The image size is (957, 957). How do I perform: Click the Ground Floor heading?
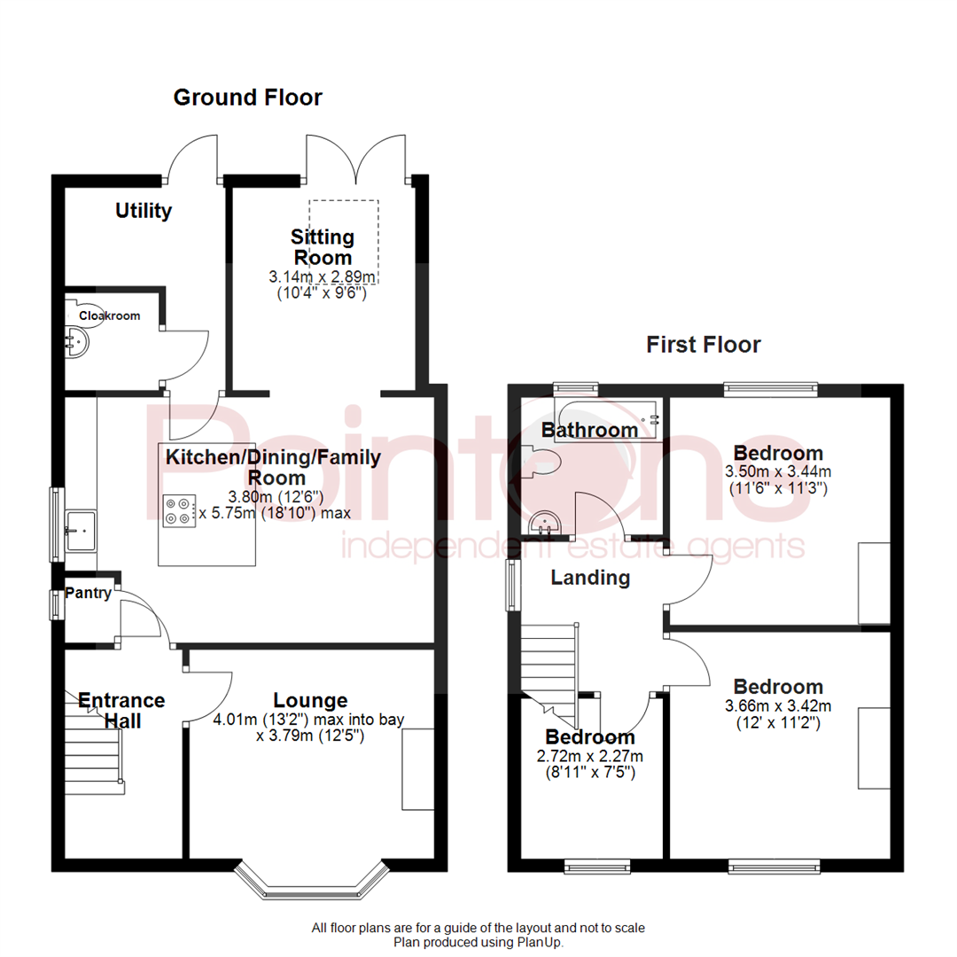(x=248, y=97)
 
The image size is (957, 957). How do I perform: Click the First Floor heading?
(x=703, y=345)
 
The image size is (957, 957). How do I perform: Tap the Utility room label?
(x=144, y=211)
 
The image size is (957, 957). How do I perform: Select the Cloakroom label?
(x=110, y=315)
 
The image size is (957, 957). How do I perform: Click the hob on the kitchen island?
(x=179, y=511)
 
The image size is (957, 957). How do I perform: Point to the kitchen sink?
(x=81, y=531)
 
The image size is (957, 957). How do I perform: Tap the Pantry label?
(x=88, y=593)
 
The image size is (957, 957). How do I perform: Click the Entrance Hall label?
(x=121, y=711)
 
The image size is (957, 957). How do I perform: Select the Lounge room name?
(x=310, y=700)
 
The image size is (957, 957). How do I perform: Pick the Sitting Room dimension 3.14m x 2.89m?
(x=322, y=276)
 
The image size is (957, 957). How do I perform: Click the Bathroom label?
(x=589, y=430)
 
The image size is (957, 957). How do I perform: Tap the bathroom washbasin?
(x=544, y=523)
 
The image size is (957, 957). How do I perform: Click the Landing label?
(x=590, y=578)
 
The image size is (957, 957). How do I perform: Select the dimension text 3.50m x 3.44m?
(x=778, y=471)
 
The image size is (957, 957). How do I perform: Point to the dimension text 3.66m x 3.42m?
(x=778, y=705)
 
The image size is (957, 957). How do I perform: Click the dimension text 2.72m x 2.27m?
(x=589, y=756)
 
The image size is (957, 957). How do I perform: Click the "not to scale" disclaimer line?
(x=478, y=929)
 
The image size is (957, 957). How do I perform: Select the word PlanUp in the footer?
(x=539, y=943)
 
